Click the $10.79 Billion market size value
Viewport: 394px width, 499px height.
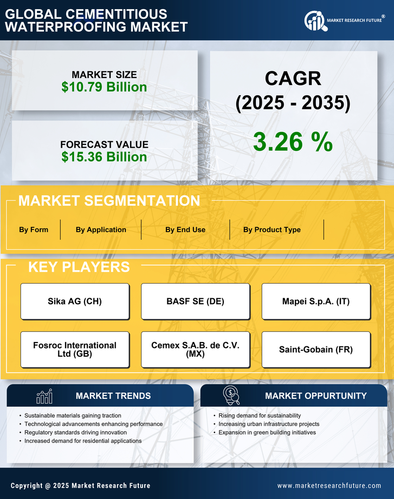pos(104,87)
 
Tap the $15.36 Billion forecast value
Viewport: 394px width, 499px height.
pos(104,157)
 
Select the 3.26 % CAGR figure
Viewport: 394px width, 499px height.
pos(293,142)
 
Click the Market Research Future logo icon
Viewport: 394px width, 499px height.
pos(314,21)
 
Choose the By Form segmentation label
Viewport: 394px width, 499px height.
pos(34,229)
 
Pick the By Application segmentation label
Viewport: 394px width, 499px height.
pos(101,229)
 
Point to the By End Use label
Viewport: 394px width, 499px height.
pos(185,229)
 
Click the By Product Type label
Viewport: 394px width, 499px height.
pos(272,229)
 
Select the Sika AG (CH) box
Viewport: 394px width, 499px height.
pos(75,301)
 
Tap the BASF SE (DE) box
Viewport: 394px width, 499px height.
pos(195,301)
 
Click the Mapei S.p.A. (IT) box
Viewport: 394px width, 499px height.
pos(316,301)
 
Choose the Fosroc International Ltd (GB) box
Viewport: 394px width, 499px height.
pos(75,350)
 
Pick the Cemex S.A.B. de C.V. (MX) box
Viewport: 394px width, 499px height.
pos(195,350)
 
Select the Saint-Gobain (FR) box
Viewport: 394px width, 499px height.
pos(316,350)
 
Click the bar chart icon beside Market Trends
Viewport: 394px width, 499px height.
pos(44,396)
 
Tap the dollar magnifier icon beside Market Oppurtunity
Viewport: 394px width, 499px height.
pos(231,396)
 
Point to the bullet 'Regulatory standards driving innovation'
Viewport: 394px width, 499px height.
pos(75,432)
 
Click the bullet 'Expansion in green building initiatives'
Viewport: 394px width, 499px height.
pos(267,432)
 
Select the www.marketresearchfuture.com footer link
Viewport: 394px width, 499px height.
pos(329,485)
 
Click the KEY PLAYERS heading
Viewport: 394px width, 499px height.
pos(79,267)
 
